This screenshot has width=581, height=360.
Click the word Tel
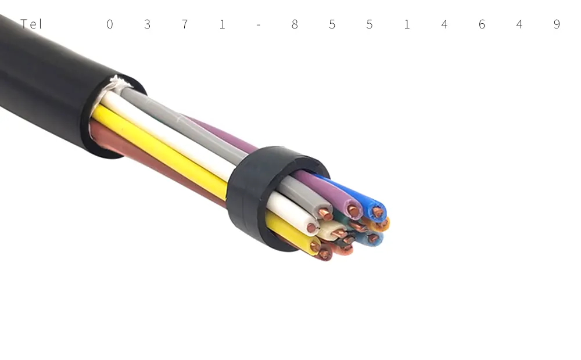tap(31, 24)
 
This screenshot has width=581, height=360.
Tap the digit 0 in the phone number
tap(110, 24)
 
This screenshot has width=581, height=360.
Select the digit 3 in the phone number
tap(147, 24)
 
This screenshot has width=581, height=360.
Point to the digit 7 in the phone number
tap(185, 24)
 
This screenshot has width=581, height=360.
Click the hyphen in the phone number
tap(259, 25)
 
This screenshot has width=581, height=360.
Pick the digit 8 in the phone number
tap(295, 24)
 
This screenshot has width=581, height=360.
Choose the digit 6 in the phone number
tap(482, 24)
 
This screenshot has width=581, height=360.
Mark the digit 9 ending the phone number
tap(557, 24)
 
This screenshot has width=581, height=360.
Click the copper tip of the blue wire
tap(377, 212)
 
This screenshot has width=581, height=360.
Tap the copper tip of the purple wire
tap(353, 211)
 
